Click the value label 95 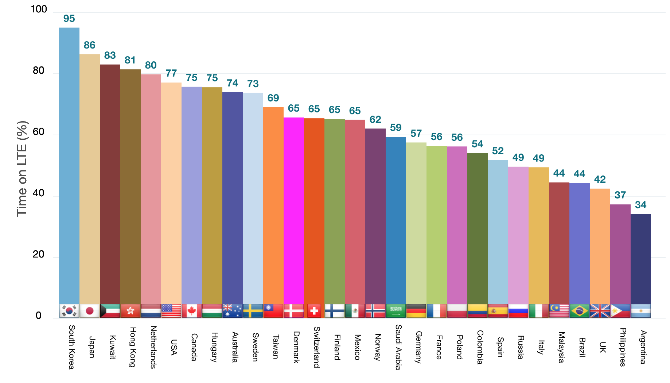coord(69,19)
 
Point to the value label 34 coord(641,205)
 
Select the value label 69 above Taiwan coord(273,98)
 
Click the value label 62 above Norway coord(375,120)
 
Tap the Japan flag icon coord(90,311)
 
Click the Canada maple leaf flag coord(192,311)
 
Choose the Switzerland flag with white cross coord(314,311)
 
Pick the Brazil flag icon coord(580,311)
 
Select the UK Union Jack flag coord(600,311)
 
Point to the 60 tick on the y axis coord(39,132)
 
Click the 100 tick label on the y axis coord(39,9)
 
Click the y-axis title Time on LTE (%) coord(22,169)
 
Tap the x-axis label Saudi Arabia coord(398,347)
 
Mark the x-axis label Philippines coord(623,347)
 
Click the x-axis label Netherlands coord(153,347)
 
